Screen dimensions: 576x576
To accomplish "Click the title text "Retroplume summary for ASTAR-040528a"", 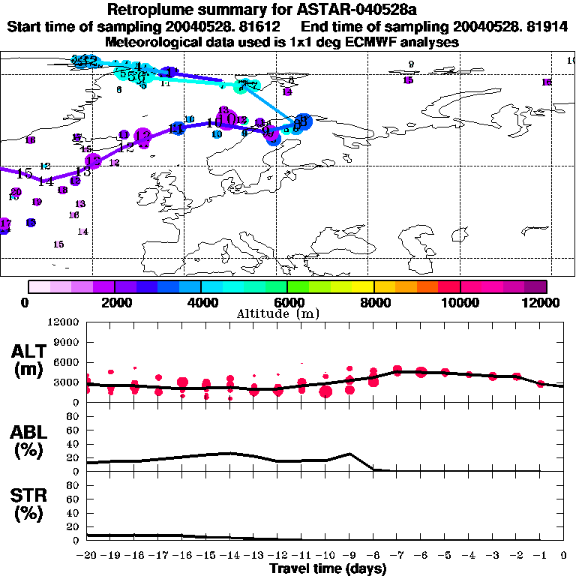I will [287, 10].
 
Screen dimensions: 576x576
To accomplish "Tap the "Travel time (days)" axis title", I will [328, 569].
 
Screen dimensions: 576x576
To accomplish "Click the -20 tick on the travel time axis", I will [88, 556].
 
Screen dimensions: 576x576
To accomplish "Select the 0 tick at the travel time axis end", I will [564, 556].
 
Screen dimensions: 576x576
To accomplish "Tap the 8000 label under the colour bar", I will [373, 302].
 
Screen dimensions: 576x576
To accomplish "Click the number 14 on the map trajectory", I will [46, 181].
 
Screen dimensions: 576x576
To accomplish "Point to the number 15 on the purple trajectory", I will [23, 173].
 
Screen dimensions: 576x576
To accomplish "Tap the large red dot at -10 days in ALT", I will [325, 390].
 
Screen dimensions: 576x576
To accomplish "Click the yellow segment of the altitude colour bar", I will [363, 286].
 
